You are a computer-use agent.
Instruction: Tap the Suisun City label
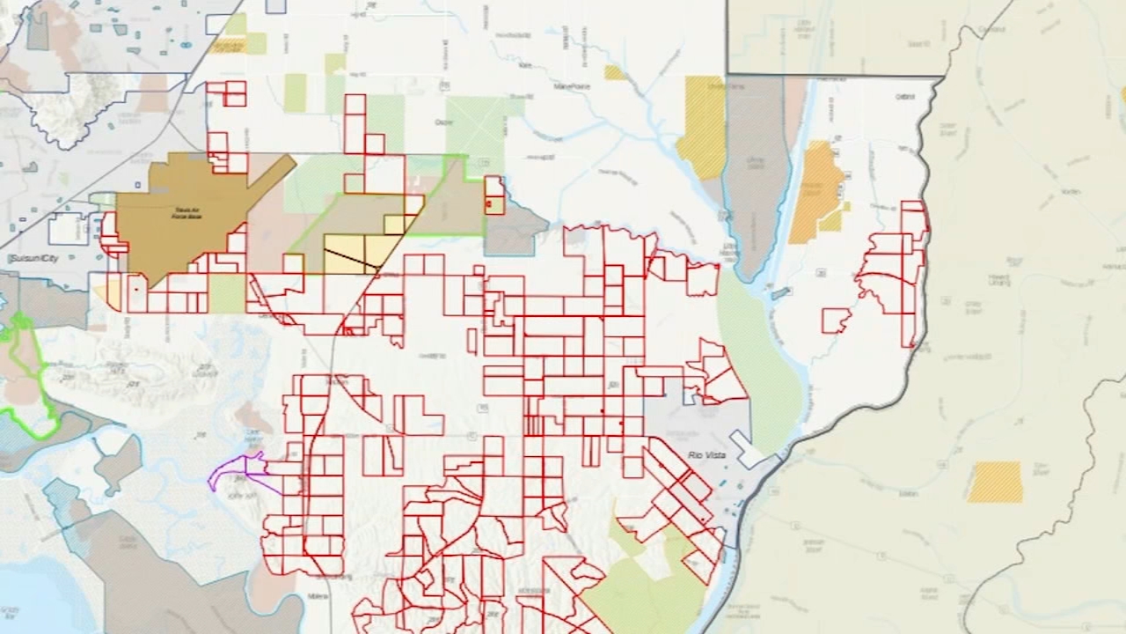[32, 259]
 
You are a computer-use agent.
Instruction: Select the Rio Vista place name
[706, 453]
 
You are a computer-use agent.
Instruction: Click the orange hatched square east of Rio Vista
[995, 482]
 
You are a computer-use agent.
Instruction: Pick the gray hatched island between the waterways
[754, 176]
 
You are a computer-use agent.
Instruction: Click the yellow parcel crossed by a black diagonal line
[352, 254]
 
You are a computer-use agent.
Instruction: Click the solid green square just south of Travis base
[227, 293]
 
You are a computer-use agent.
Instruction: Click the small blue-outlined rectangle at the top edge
[275, 6]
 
